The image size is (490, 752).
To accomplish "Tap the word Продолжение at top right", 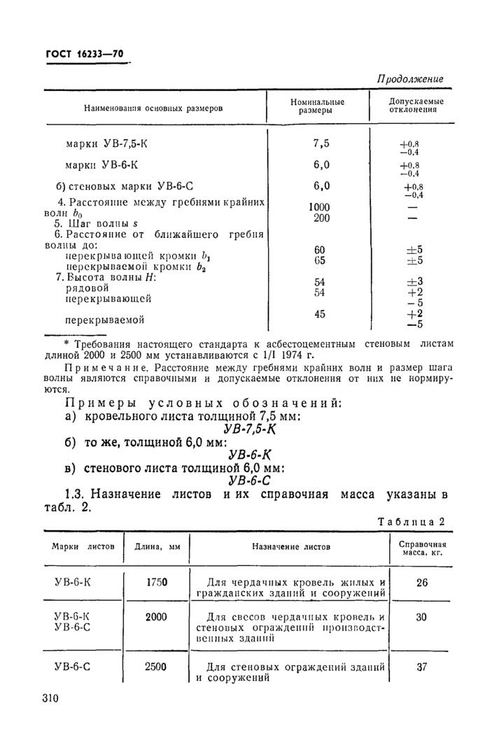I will pos(410,79).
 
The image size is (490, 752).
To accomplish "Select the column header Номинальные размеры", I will pos(318,106).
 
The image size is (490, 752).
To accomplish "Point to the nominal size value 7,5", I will pos(321,144).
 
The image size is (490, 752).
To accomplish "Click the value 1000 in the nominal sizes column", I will pos(318,207).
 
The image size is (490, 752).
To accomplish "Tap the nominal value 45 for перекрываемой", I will pos(320,314).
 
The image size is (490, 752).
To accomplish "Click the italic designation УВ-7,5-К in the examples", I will pos(249,429).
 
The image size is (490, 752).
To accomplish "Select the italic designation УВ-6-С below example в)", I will pos(249,481).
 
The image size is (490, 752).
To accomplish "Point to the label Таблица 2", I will pos(412,521).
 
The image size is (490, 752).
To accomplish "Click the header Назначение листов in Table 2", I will pos(291,547).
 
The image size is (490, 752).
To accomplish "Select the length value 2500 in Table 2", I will pos(156,667).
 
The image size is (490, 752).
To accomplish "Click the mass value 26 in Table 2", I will pos(421,582).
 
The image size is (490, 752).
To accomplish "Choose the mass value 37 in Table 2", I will pos(421,667).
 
